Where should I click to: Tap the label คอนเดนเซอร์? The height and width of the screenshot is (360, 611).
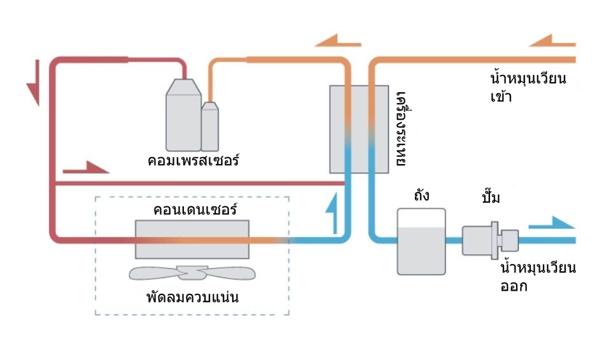coord(192,209)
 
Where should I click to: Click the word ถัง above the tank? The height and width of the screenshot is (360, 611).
coord(421,195)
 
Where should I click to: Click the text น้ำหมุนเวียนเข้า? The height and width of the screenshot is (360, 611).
coord(528,88)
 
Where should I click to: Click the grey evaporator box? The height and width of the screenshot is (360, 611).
coord(358,129)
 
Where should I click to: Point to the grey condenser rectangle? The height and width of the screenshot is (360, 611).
coord(192,239)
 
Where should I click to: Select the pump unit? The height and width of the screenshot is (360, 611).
coord(491,240)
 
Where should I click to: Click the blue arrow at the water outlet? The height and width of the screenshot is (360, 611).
coord(552,223)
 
